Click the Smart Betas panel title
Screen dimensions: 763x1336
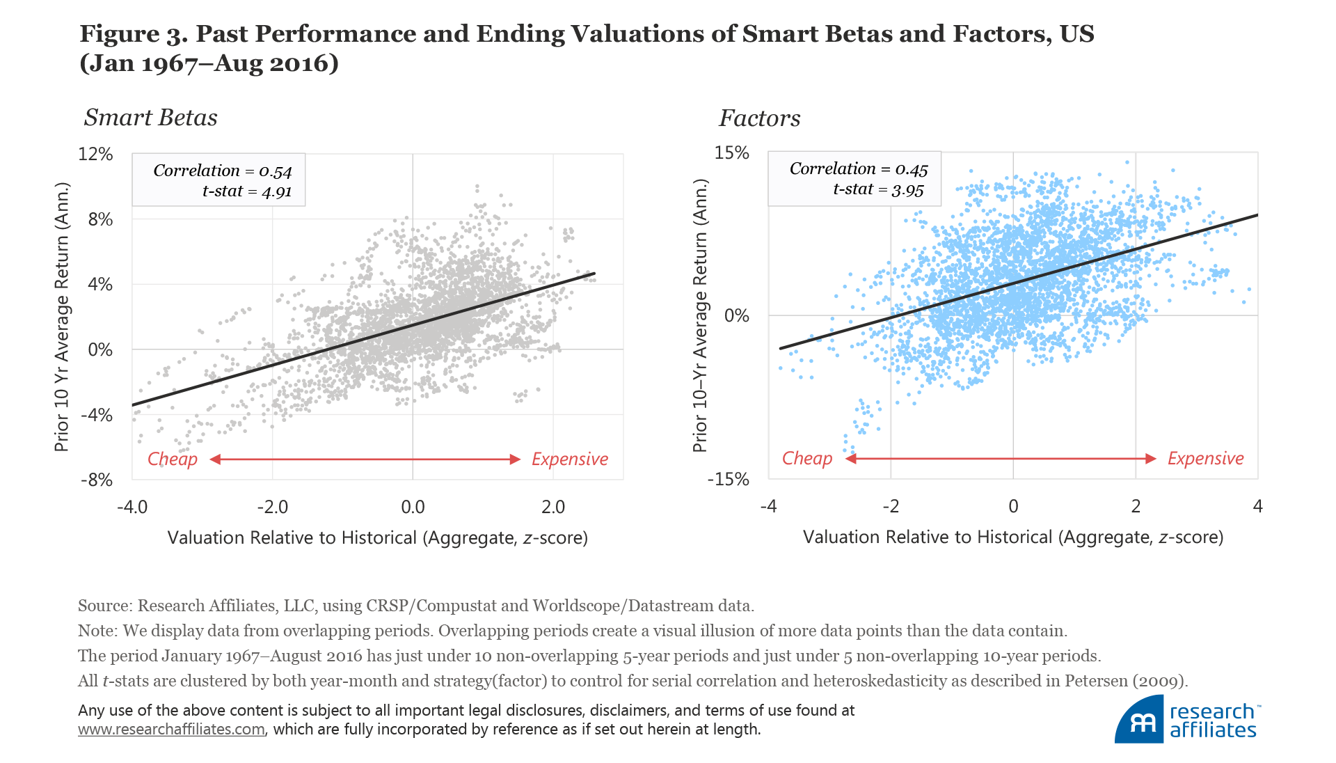point(150,118)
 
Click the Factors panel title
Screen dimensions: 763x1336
point(759,118)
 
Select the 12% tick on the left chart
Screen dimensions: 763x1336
point(96,154)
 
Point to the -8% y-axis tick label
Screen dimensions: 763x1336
point(96,480)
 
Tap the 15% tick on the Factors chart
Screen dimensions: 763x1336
point(731,152)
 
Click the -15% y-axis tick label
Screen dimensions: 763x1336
point(729,479)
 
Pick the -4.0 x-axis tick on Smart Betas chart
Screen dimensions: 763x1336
point(132,507)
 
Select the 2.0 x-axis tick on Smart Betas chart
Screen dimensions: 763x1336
point(553,507)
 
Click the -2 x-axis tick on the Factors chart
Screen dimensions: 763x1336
point(890,506)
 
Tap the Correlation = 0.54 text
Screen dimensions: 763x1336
point(222,171)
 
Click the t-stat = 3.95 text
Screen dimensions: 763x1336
point(878,189)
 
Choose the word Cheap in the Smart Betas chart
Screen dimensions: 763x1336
point(172,459)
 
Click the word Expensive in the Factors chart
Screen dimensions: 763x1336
point(1205,458)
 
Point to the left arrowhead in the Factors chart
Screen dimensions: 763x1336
point(850,458)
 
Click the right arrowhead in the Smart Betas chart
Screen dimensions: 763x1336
point(515,459)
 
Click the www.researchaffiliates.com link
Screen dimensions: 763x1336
point(171,729)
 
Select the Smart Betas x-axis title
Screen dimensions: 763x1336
point(377,537)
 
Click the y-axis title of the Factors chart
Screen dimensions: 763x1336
point(699,315)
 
